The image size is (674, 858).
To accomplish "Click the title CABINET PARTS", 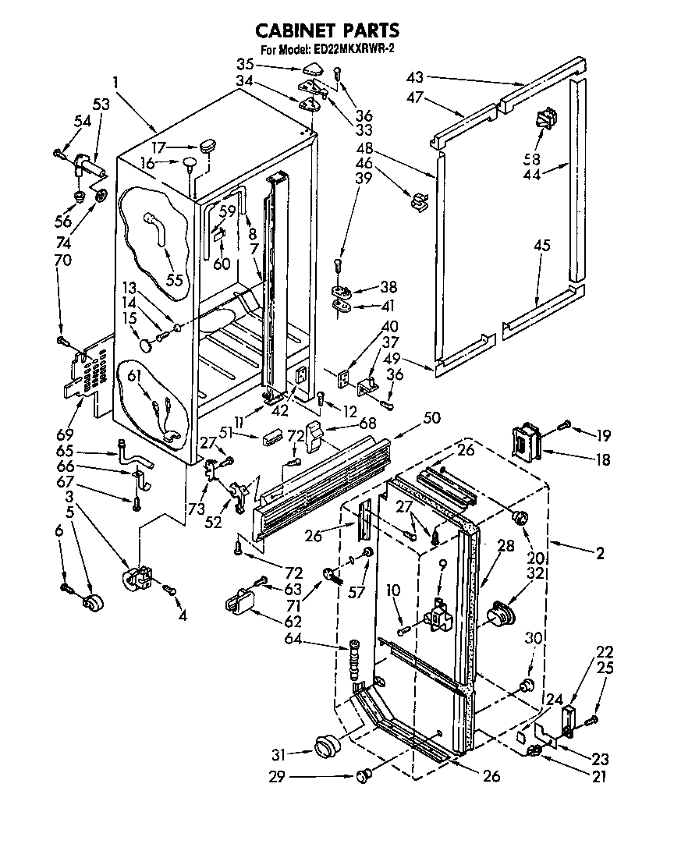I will pyautogui.click(x=328, y=30).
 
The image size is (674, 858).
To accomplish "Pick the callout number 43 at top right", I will pyautogui.click(x=415, y=76).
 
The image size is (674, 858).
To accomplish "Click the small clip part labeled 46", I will pyautogui.click(x=420, y=202).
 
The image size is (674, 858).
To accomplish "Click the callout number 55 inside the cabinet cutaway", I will pyautogui.click(x=176, y=279).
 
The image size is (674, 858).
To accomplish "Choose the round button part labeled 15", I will pyautogui.click(x=145, y=343).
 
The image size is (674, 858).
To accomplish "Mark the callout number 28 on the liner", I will pyautogui.click(x=506, y=546).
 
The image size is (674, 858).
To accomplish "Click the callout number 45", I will pyautogui.click(x=542, y=246).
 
